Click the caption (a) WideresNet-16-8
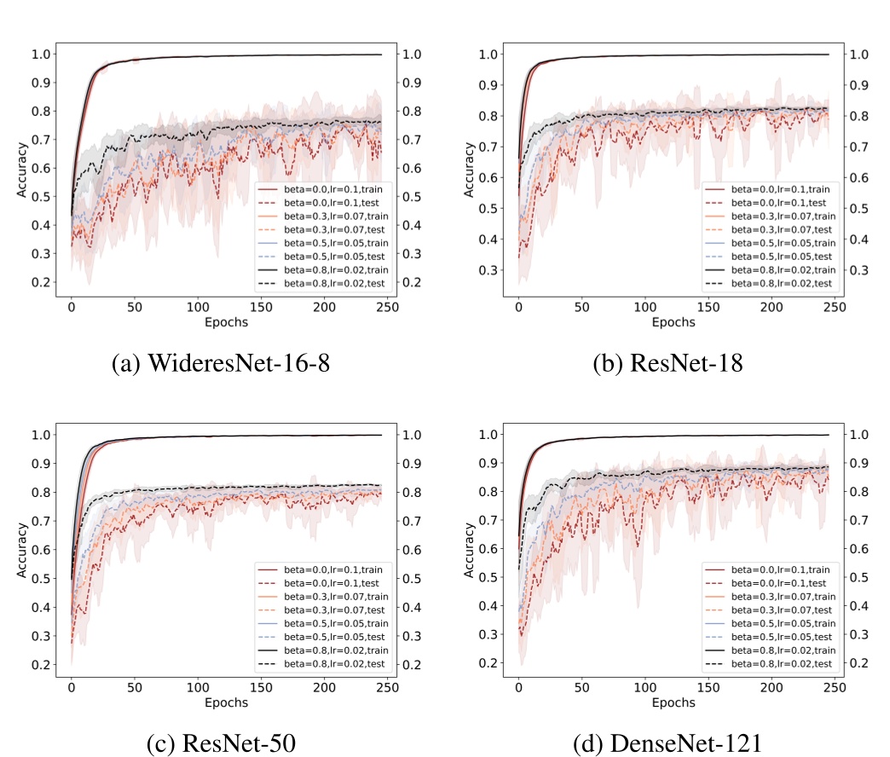click(x=222, y=363)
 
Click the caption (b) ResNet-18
click(x=667, y=363)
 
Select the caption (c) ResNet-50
click(x=222, y=743)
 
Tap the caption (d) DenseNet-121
click(x=667, y=743)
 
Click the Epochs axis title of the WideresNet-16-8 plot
click(x=227, y=322)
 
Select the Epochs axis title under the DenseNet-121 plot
click(x=673, y=702)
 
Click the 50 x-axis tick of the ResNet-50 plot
click(x=135, y=685)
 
